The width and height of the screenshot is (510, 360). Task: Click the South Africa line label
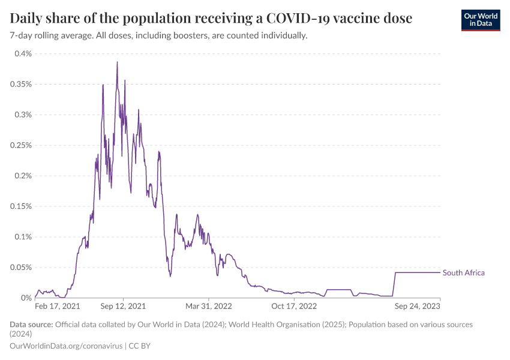pyautogui.click(x=463, y=273)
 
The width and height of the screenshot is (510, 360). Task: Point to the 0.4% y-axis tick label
pyautogui.click(x=23, y=53)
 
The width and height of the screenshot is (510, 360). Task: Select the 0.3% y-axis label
pyautogui.click(x=23, y=115)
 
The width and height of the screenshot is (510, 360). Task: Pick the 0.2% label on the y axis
pyautogui.click(x=23, y=176)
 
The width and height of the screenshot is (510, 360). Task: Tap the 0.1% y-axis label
pyautogui.click(x=23, y=237)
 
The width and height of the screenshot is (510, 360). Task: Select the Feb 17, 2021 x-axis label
pyautogui.click(x=58, y=307)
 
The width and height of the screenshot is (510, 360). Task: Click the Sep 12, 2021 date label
pyautogui.click(x=123, y=307)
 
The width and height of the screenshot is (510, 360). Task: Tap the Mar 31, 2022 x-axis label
pyautogui.click(x=208, y=307)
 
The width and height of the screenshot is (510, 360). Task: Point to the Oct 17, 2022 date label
pyautogui.click(x=294, y=307)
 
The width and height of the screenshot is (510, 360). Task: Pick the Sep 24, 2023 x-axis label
pyautogui.click(x=418, y=307)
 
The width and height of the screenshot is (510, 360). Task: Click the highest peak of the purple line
pyautogui.click(x=117, y=62)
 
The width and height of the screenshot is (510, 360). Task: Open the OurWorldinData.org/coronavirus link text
pyautogui.click(x=66, y=346)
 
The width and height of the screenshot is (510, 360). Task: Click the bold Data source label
pyautogui.click(x=31, y=325)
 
